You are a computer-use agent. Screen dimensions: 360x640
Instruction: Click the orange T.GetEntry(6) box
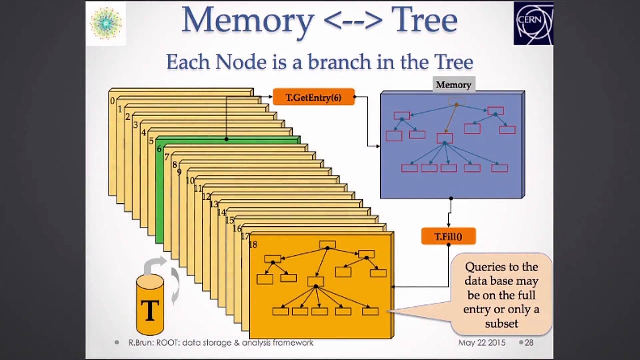(313, 97)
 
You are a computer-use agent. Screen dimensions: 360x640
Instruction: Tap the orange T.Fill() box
(448, 236)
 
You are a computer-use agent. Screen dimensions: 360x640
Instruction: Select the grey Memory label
(453, 85)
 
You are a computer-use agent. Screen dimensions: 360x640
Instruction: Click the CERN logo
(533, 23)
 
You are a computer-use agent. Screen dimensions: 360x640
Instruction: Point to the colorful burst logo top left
(106, 23)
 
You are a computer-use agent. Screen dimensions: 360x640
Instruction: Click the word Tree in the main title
(424, 21)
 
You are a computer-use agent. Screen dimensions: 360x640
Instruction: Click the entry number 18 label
(253, 244)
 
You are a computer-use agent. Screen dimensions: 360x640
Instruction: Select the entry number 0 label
(112, 101)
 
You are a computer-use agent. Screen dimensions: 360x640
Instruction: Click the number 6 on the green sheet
(159, 149)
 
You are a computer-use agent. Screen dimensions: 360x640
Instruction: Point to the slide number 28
(529, 343)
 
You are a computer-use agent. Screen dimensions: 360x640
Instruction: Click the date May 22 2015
(482, 343)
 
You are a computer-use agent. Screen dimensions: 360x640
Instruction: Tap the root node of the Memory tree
(453, 102)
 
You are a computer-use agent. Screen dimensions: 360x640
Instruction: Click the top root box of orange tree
(327, 245)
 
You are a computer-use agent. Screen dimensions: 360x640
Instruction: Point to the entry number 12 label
(206, 196)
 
